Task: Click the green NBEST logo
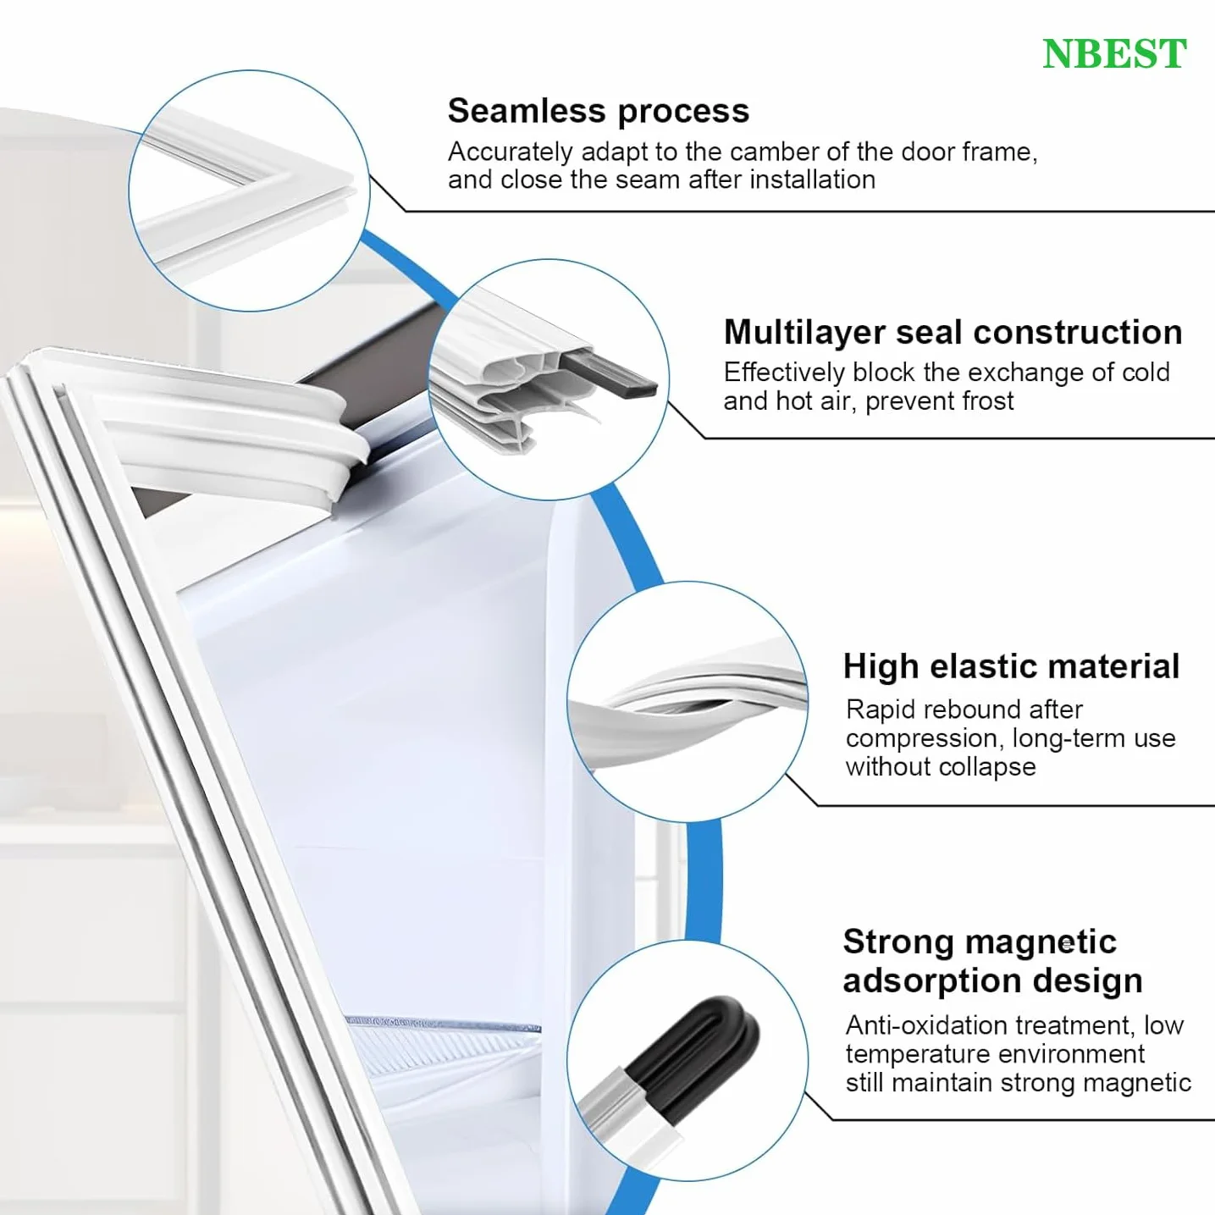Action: click(1114, 53)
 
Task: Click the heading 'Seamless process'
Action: click(599, 111)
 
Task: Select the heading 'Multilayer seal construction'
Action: click(953, 332)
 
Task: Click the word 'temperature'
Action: click(907, 1054)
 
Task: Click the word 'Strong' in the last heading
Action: click(899, 942)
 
